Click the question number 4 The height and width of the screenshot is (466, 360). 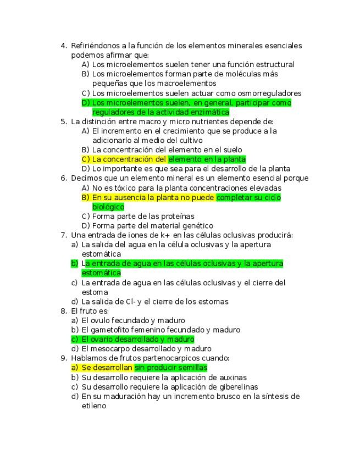(63, 46)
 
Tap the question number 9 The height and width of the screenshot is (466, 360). (63, 358)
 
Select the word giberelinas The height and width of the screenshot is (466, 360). (238, 387)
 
